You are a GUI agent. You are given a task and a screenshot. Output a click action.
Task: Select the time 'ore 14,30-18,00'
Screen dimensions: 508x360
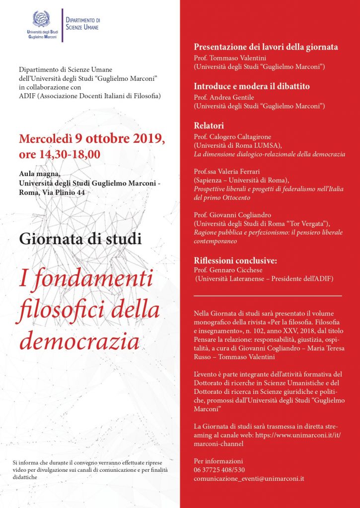pyautogui.click(x=60, y=154)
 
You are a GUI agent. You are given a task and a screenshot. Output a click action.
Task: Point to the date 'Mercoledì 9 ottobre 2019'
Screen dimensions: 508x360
pyautogui.click(x=91, y=138)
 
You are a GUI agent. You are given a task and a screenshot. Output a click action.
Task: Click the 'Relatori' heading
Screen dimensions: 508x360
pyautogui.click(x=209, y=126)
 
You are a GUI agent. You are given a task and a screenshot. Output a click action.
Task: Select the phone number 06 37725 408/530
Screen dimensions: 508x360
pyautogui.click(x=219, y=470)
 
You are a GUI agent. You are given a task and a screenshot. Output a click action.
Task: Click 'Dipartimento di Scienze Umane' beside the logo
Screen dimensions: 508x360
pyautogui.click(x=82, y=23)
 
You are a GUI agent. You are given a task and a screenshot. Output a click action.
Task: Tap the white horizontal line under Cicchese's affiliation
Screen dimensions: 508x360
pyautogui.click(x=268, y=296)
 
